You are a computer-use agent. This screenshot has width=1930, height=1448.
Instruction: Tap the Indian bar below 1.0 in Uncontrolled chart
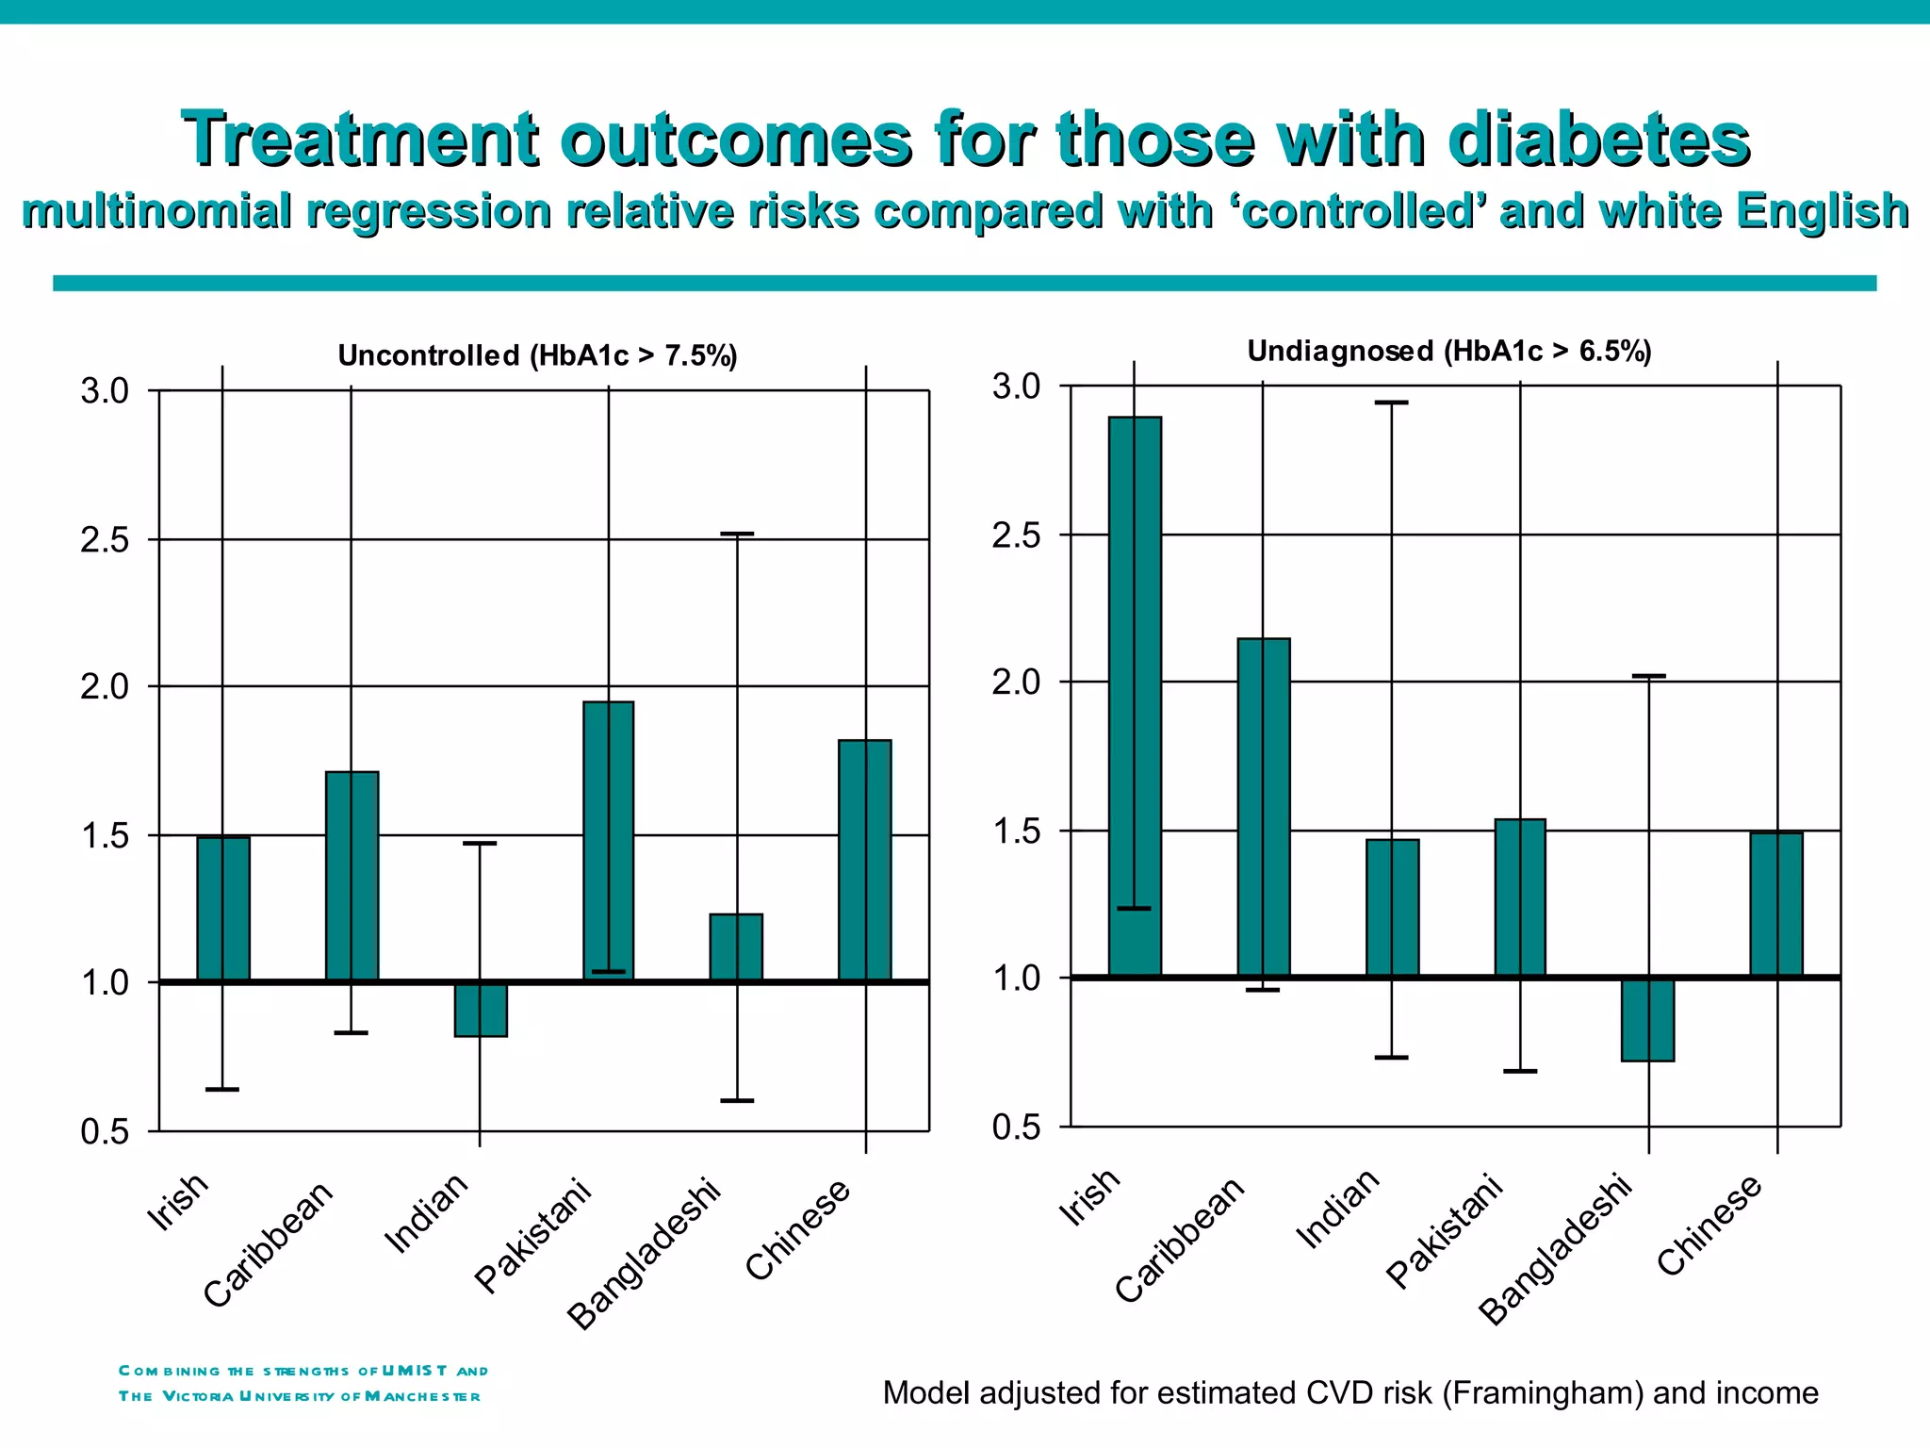point(481,1010)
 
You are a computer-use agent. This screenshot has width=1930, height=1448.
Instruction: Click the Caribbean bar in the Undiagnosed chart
point(1263,807)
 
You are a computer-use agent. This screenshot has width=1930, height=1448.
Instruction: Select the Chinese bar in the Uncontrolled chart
point(864,860)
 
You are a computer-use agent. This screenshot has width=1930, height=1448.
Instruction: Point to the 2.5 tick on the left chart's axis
point(105,540)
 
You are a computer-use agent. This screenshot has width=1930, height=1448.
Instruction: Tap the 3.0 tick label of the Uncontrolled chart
point(105,390)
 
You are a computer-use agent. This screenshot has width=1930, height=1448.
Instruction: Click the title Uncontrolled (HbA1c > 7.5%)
point(537,355)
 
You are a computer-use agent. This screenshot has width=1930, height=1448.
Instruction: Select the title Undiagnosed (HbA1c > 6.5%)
point(1448,351)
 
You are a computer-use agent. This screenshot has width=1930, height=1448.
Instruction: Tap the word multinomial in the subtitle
point(156,210)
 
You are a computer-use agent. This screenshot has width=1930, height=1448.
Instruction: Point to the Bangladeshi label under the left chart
point(645,1254)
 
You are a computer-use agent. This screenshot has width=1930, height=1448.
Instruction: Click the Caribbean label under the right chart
point(1180,1241)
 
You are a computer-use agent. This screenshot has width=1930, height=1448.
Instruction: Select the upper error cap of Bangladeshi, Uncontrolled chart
point(736,534)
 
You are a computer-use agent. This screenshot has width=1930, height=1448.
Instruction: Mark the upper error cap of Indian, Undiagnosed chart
point(1391,403)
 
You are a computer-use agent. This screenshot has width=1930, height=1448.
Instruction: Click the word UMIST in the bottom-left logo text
point(415,1371)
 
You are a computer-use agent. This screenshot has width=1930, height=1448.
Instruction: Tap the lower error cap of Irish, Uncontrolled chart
point(222,1089)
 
